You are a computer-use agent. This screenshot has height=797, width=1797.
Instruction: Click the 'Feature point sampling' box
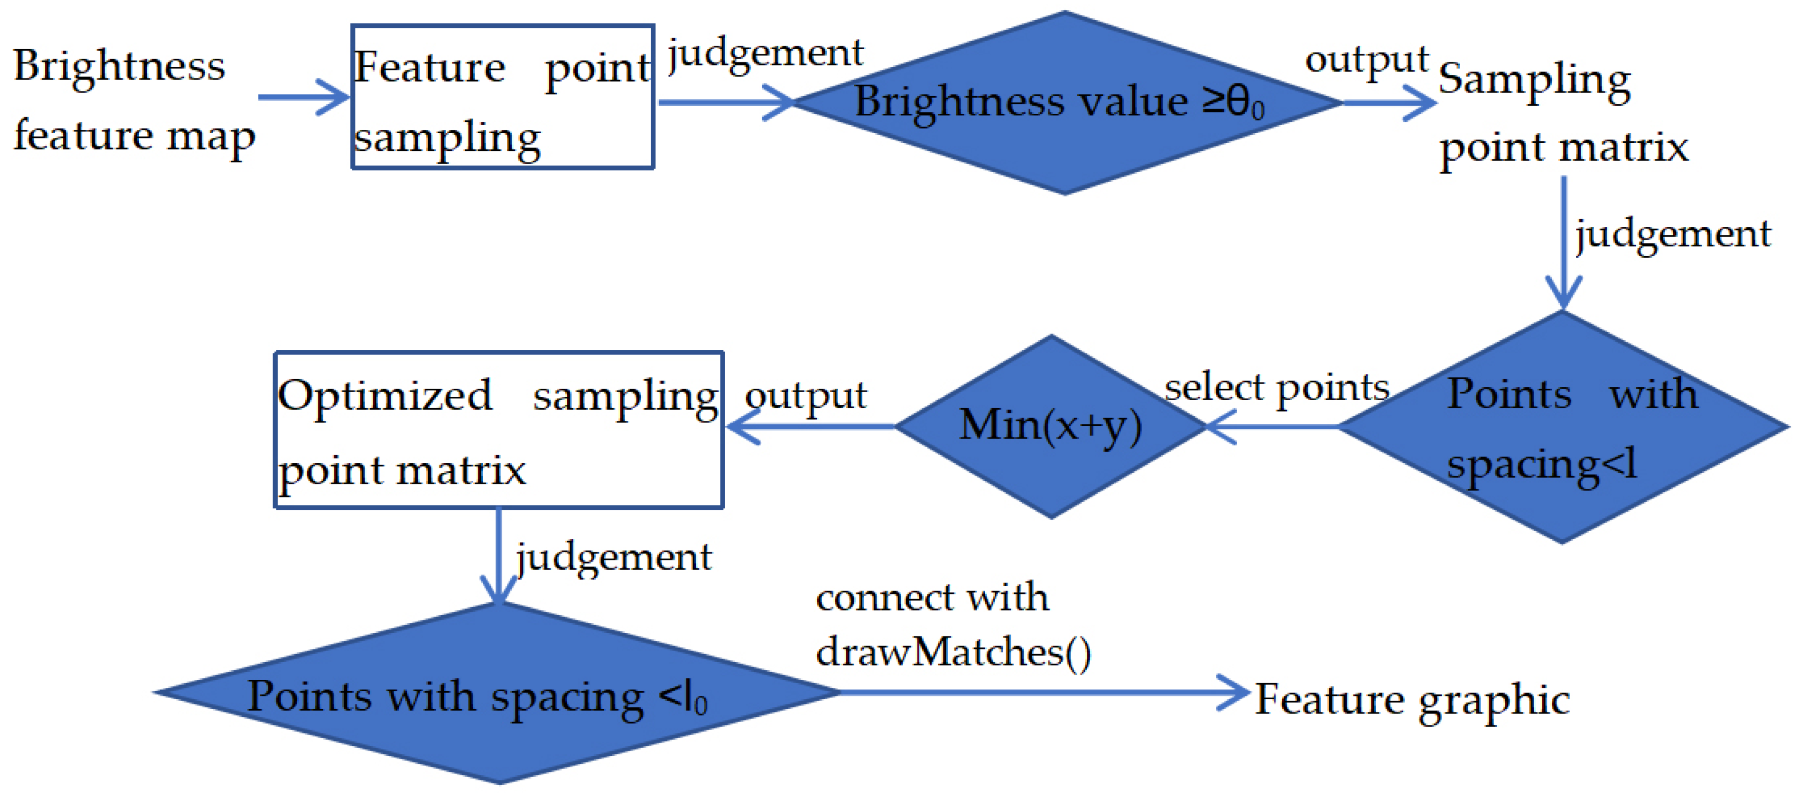pyautogui.click(x=502, y=97)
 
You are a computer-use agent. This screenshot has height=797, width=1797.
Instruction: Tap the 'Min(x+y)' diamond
pyautogui.click(x=1051, y=426)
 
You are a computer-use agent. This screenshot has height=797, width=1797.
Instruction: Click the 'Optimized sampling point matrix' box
pyautogui.click(x=499, y=430)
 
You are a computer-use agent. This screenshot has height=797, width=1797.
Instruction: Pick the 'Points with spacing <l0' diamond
pyautogui.click(x=498, y=692)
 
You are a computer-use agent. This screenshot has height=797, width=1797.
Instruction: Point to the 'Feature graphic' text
pyautogui.click(x=1412, y=699)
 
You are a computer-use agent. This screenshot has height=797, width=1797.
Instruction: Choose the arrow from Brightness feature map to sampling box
pyautogui.click(x=303, y=97)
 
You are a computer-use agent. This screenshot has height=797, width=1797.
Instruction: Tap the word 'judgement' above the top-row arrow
pyautogui.click(x=765, y=53)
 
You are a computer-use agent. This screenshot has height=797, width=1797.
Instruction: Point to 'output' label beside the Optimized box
pyautogui.click(x=805, y=396)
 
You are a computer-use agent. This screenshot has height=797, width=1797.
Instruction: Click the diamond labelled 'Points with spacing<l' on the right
pyautogui.click(x=1563, y=427)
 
